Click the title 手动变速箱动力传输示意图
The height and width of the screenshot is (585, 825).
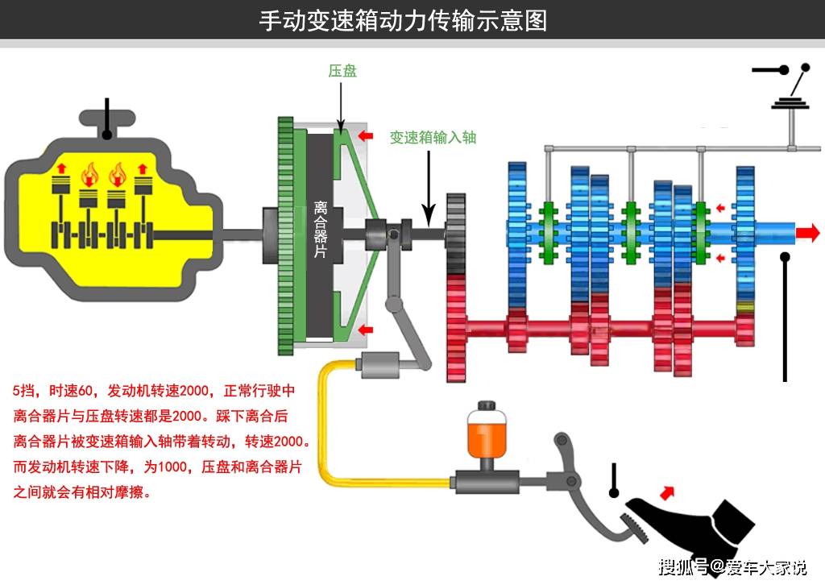[x=403, y=20]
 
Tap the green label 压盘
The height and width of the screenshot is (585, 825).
[x=342, y=71]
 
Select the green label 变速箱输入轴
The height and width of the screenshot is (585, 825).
[x=433, y=137]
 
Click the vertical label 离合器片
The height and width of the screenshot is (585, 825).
[x=320, y=230]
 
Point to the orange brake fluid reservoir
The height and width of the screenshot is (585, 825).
[x=486, y=434]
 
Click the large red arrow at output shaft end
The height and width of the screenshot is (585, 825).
[x=807, y=232]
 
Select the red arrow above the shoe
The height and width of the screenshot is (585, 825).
[x=667, y=493]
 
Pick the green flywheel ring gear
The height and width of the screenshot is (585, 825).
[x=285, y=235]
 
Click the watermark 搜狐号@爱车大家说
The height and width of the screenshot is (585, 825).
[x=732, y=566]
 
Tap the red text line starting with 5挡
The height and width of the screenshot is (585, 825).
[x=154, y=391]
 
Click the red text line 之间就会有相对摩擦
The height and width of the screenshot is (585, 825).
[x=81, y=492]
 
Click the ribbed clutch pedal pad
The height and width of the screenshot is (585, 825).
[x=635, y=527]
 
